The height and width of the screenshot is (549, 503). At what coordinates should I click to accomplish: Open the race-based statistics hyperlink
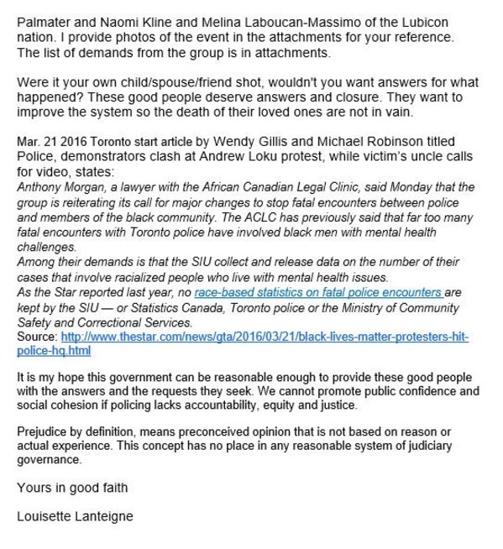point(318,293)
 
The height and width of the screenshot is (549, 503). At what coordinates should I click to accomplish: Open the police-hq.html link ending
point(54,349)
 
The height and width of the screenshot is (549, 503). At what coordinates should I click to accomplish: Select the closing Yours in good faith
point(73,488)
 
